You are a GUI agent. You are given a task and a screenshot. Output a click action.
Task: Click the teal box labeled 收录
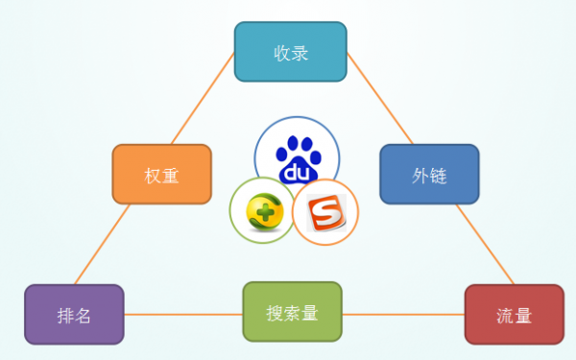click(x=290, y=51)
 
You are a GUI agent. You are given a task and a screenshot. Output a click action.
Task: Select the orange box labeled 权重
click(x=161, y=174)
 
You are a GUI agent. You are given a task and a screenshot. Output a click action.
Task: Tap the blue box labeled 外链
click(x=428, y=174)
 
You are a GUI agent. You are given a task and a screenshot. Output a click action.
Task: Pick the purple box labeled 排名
click(x=74, y=314)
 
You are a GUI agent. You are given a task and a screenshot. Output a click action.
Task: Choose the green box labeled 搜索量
click(x=292, y=312)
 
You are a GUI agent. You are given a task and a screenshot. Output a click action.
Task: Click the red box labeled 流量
click(x=514, y=314)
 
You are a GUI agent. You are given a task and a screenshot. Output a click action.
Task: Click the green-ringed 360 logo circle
click(x=261, y=210)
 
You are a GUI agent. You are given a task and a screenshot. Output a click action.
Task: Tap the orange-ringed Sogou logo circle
click(x=324, y=212)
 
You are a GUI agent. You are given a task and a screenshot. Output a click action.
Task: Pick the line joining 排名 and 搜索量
click(x=182, y=314)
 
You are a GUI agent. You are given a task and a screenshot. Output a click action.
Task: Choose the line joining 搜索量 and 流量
click(x=403, y=314)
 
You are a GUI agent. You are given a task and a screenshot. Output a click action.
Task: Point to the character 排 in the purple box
click(x=64, y=314)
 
